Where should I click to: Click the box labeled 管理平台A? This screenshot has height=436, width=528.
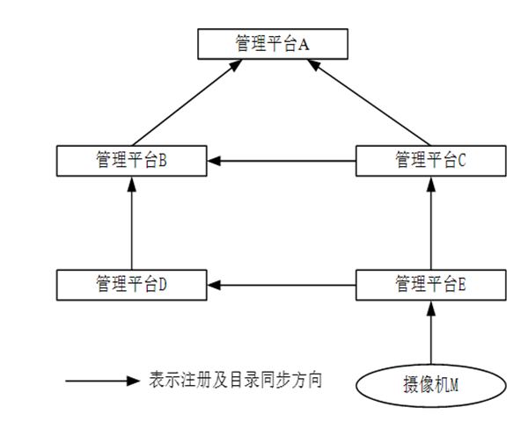coord(272,43)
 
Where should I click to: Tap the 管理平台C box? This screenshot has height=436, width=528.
coord(430,160)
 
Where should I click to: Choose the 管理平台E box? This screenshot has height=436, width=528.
coord(430,284)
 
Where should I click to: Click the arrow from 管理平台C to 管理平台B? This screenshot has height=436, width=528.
coord(282,160)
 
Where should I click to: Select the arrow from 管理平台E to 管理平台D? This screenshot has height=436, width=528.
coord(282,284)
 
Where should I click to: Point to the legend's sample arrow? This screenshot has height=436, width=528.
coord(101,381)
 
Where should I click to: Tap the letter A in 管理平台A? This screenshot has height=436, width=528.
coord(303,44)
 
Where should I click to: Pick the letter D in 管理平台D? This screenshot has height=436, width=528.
coord(163,284)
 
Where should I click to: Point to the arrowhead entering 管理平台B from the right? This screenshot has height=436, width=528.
coord(215,160)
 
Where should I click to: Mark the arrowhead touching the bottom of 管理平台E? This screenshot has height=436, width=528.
coord(430,306)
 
